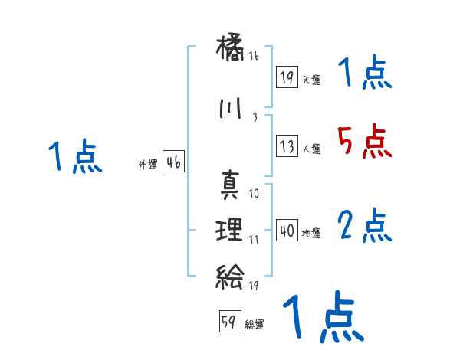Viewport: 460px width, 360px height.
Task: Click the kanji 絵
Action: click(x=230, y=274)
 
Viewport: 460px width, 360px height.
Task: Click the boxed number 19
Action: click(x=287, y=77)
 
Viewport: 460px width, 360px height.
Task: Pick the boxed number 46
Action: click(x=174, y=162)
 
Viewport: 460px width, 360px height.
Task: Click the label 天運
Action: click(x=311, y=80)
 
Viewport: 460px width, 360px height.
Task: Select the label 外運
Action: click(x=147, y=164)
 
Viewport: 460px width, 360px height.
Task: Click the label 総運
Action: click(x=255, y=325)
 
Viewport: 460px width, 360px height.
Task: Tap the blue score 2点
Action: click(x=364, y=225)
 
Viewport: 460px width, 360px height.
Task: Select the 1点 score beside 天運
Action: click(x=364, y=75)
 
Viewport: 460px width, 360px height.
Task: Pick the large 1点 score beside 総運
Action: click(x=322, y=317)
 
